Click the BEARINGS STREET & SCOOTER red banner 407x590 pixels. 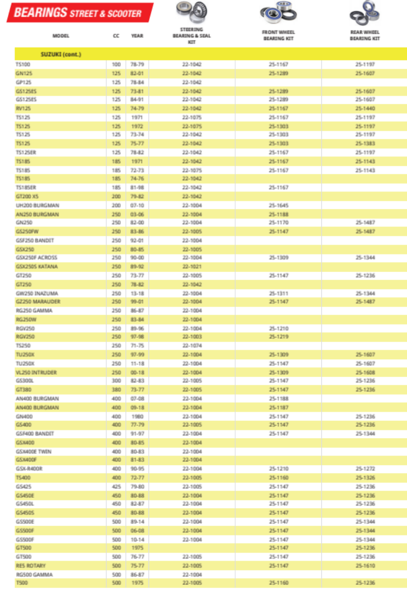tap(79, 13)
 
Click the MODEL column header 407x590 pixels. tap(61, 36)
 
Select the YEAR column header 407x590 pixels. tap(137, 36)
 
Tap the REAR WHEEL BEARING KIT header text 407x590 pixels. tap(365, 35)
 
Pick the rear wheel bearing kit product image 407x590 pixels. tap(365, 14)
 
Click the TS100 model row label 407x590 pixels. tap(23, 64)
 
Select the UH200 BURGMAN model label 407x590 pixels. tap(37, 205)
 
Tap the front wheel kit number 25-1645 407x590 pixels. tap(278, 205)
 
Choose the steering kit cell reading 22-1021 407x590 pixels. tap(192, 267)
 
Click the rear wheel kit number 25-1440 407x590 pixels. tap(365, 108)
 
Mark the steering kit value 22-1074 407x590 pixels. tap(192, 346)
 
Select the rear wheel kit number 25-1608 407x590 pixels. tap(365, 372)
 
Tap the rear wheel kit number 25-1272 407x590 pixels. tap(365, 469)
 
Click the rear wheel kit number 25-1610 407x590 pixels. tap(365, 565)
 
